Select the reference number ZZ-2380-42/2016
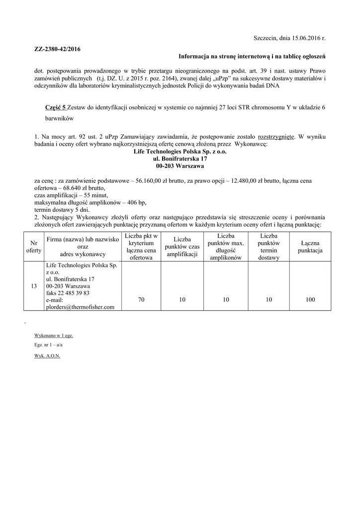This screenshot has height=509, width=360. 57,49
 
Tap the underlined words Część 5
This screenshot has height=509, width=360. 55,108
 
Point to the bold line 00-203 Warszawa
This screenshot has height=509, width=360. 180,166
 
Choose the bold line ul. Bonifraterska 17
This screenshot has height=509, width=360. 180,159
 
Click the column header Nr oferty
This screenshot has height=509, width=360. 33,247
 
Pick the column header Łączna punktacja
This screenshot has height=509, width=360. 310,247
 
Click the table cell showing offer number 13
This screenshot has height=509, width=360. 33,286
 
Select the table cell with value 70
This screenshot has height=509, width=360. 141,300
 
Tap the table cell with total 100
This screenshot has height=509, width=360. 310,300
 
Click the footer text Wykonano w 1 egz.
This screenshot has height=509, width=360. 53,336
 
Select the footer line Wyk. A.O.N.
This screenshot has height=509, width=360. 47,356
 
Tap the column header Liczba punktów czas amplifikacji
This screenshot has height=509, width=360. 180,247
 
